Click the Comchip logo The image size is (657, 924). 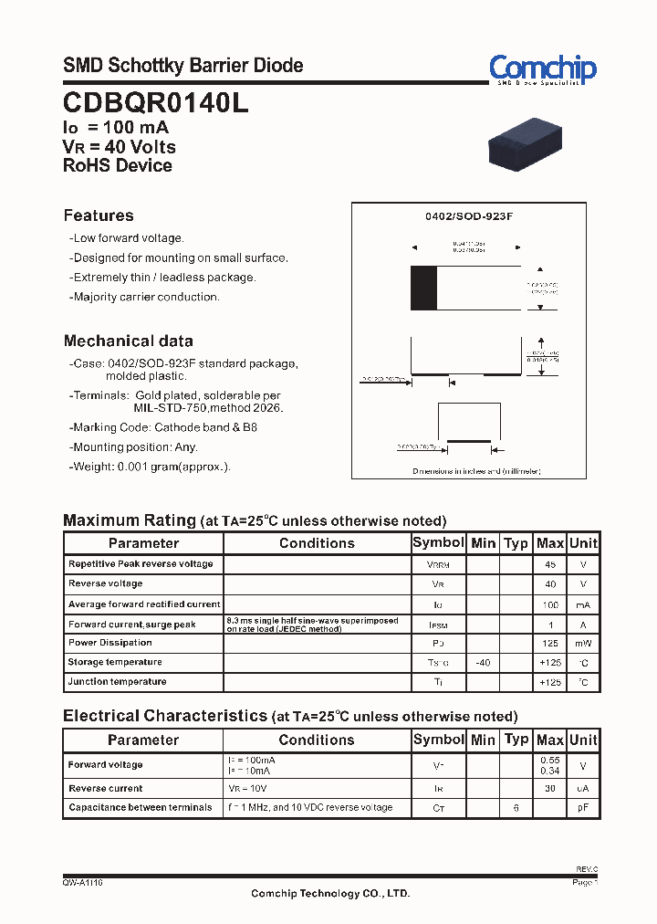coord(542,68)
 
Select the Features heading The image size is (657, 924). coord(99,215)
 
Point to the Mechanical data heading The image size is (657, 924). coord(128,341)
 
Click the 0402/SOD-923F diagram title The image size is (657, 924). coord(469,216)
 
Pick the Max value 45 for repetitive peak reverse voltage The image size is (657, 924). coord(550,564)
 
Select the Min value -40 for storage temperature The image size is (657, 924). coord(483,662)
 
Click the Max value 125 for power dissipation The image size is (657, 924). coord(550,643)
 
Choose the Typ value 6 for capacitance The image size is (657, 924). coord(516,808)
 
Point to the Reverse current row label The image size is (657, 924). coord(105,788)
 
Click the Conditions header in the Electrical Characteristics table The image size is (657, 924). coord(317,740)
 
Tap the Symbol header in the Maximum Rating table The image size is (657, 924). coord(438,542)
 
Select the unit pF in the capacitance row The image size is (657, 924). coord(583,808)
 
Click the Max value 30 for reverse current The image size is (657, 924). coord(550,788)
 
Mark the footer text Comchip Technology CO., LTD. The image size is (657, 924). coord(330,894)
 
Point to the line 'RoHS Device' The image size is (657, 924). coord(118,165)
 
